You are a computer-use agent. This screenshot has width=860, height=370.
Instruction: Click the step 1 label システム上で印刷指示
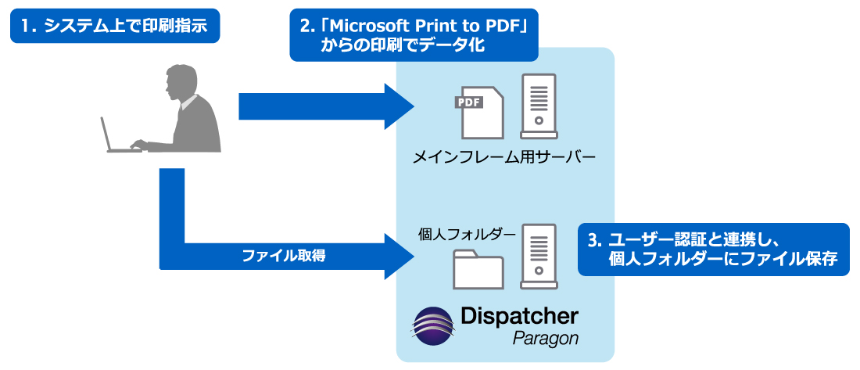114,27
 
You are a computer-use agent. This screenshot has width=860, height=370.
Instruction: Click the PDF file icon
478,113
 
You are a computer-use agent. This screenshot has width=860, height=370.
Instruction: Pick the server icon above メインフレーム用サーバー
539,106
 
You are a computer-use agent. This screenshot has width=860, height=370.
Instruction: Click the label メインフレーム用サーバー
505,159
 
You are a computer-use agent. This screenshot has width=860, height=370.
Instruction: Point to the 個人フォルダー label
467,233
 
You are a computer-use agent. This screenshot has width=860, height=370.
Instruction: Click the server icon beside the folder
539,255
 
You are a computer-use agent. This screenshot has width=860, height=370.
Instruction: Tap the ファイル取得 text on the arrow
283,255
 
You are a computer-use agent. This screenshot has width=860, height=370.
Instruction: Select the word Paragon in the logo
546,339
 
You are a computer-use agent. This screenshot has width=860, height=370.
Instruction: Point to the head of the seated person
178,81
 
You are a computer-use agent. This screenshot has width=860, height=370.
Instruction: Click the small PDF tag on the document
468,102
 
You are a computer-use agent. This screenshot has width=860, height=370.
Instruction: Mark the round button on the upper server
539,123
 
